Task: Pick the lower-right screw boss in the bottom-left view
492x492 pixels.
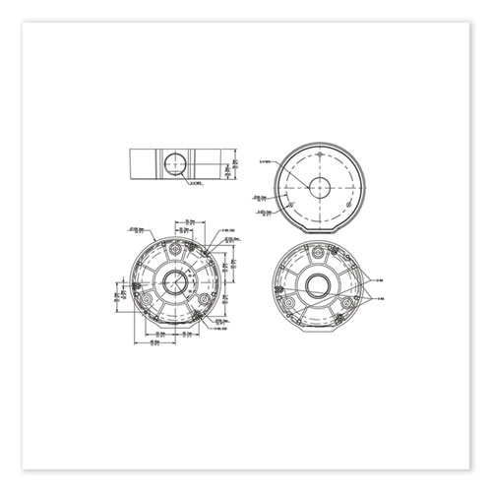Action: tap(205, 301)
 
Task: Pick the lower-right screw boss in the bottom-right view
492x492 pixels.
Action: tap(351, 299)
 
